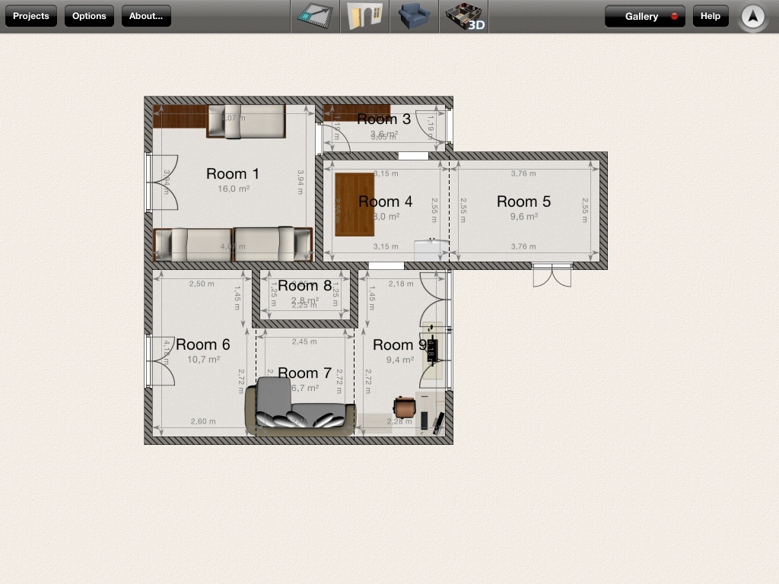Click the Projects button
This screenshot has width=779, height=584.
tap(31, 16)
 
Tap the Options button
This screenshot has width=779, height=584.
tap(89, 16)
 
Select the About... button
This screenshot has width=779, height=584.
tap(146, 16)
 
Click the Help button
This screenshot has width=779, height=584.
tap(710, 16)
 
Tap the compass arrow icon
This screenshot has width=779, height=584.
tap(752, 16)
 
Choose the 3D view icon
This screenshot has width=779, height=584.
tap(463, 16)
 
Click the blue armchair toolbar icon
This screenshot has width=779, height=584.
tap(414, 16)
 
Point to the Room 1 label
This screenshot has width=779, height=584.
tap(233, 174)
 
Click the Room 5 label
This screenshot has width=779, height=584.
tap(523, 202)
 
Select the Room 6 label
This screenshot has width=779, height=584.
tap(203, 344)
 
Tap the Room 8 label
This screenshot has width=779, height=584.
tap(304, 286)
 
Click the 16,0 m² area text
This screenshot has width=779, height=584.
tap(234, 189)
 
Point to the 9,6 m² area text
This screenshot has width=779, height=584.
tap(523, 216)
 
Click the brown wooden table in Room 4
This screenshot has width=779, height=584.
tap(354, 204)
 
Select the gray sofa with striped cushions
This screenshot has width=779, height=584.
tap(300, 408)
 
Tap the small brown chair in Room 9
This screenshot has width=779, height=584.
tap(404, 406)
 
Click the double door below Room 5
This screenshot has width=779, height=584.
tap(552, 275)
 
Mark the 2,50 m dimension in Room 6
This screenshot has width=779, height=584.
tap(202, 284)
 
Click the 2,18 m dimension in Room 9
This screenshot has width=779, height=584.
tap(401, 284)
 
